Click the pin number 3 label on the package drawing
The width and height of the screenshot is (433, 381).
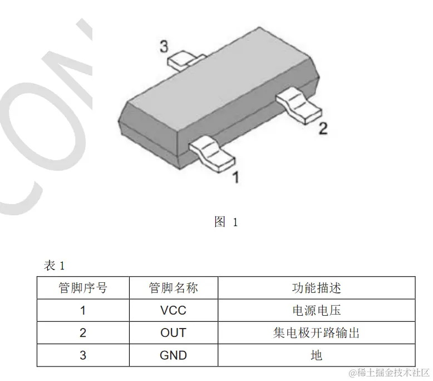(164, 47)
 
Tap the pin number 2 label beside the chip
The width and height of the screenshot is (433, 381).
(323, 129)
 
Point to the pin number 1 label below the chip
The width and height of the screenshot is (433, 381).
(235, 177)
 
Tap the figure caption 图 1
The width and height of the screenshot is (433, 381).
(226, 222)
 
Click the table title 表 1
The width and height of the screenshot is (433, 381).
(55, 266)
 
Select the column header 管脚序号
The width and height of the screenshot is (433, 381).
(83, 288)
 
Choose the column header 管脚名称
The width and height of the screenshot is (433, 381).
(173, 288)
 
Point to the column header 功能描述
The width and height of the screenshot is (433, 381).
(316, 288)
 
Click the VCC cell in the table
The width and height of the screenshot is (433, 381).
(173, 310)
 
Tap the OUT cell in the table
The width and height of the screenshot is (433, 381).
(173, 332)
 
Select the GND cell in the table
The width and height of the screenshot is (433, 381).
(173, 355)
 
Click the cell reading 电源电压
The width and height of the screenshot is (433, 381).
(316, 310)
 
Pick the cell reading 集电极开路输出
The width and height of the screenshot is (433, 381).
(316, 332)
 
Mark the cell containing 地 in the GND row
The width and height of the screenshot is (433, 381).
(316, 355)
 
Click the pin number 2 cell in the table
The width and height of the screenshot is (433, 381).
(83, 332)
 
